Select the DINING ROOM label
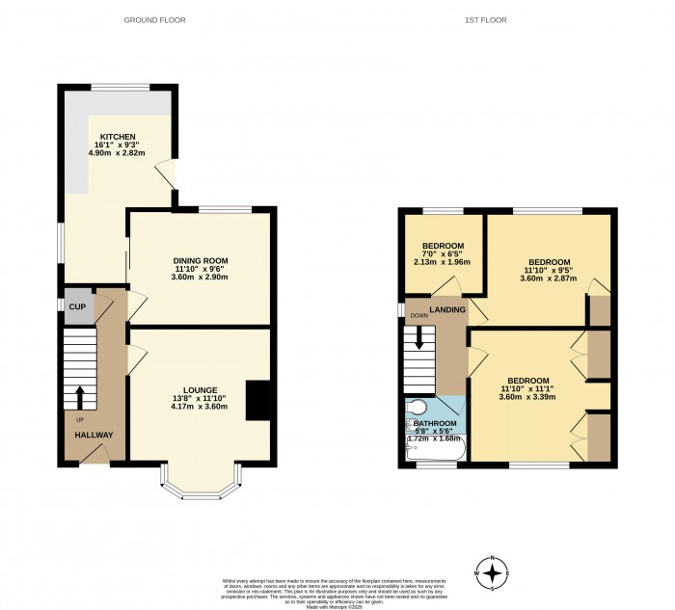(201, 261)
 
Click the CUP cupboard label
(77, 306)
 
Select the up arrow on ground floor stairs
(79, 396)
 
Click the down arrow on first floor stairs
(418, 338)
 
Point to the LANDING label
(449, 309)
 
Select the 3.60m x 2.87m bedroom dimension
(547, 279)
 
